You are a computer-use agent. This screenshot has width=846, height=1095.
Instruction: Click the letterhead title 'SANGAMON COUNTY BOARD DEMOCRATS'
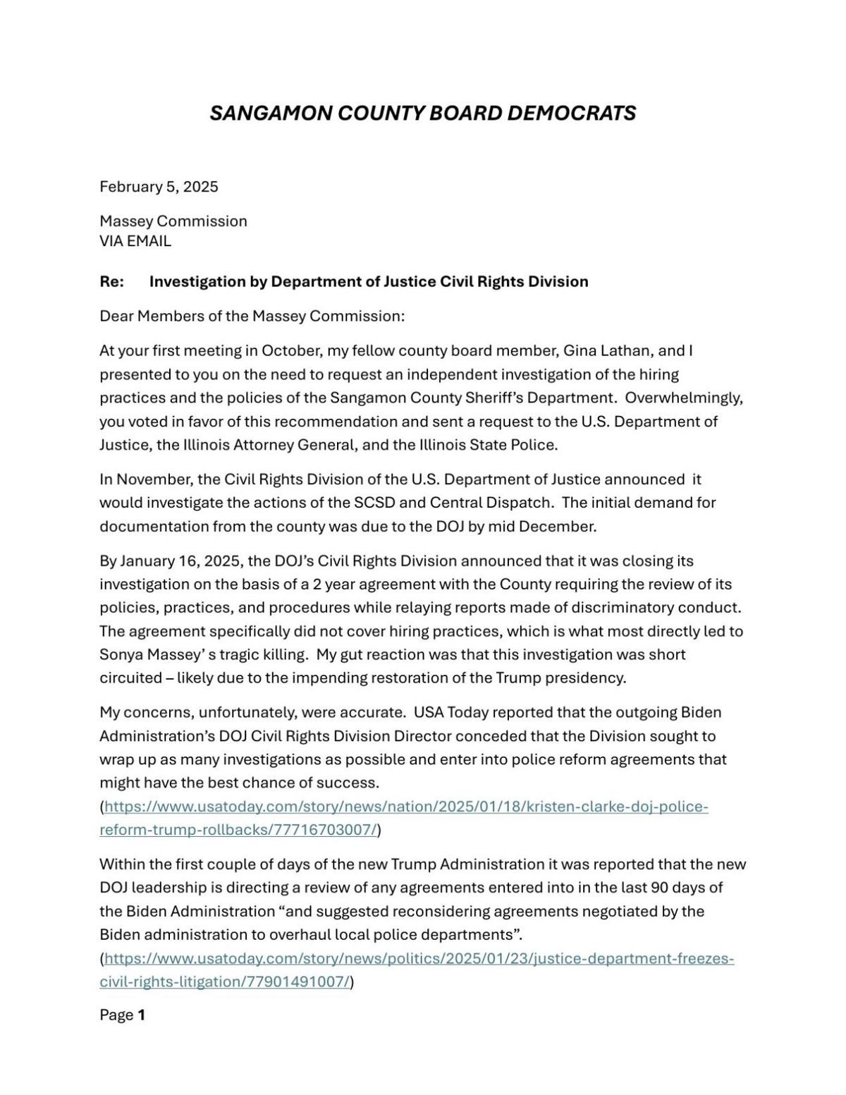point(422,113)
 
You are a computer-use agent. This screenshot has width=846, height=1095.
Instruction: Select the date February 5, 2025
point(159,186)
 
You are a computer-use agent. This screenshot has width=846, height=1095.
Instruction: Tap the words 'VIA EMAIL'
point(135,241)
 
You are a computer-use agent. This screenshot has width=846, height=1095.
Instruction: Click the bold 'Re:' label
point(111,281)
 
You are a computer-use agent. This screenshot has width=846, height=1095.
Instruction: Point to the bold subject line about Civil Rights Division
point(369,281)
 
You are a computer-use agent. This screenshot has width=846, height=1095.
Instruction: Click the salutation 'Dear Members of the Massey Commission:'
point(252,316)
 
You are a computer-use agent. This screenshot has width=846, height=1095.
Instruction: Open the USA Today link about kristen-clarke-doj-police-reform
point(405,807)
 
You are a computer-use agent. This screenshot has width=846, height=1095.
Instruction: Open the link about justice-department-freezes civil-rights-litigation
point(419,959)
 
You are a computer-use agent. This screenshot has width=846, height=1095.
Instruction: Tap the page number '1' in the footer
point(142,1015)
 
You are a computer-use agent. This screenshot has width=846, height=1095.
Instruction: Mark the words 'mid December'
point(550,526)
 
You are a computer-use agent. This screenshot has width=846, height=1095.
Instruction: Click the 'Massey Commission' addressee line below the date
point(173,221)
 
